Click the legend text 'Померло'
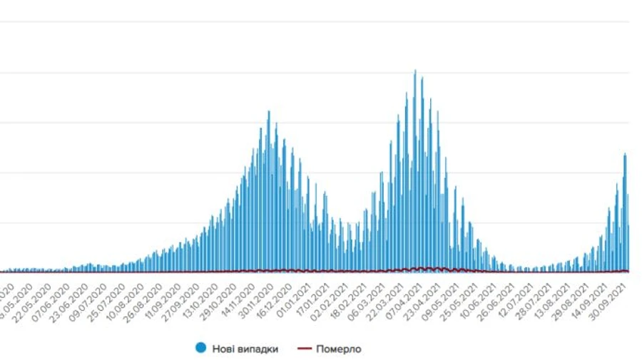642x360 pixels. [x=338, y=349]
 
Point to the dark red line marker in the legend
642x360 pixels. [x=305, y=349]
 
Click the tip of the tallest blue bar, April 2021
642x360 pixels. [x=415, y=71]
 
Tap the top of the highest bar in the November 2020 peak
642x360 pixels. [x=269, y=111]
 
